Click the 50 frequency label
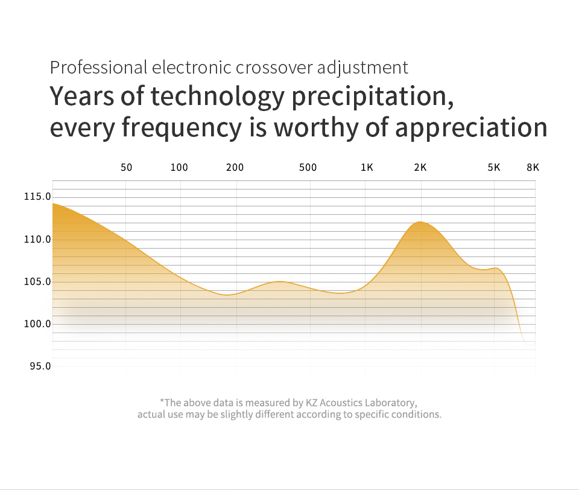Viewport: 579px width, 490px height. click(x=126, y=168)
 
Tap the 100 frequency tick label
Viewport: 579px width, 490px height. click(x=179, y=168)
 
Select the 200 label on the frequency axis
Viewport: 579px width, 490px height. click(x=235, y=168)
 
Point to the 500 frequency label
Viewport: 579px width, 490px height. click(x=308, y=168)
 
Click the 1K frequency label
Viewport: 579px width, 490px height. click(x=367, y=168)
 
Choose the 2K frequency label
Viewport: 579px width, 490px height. click(x=420, y=168)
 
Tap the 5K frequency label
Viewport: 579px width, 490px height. click(x=494, y=168)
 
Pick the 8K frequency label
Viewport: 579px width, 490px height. click(x=533, y=168)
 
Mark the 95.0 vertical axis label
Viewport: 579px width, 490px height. click(x=40, y=366)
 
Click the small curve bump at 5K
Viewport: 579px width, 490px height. click(x=495, y=268)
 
